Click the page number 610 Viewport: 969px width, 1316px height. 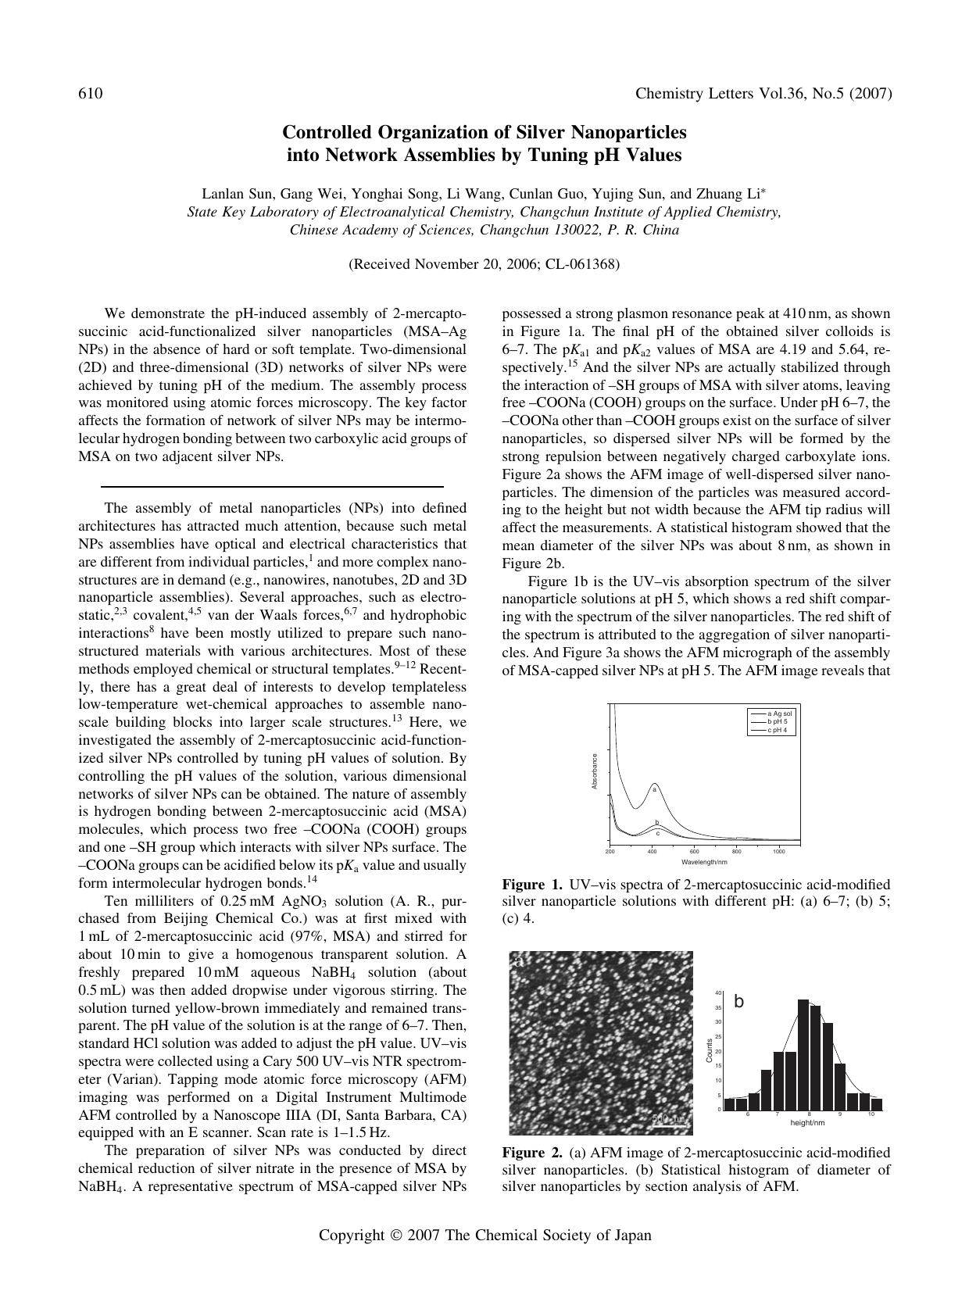coord(91,95)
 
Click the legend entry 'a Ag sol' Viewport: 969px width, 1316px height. coord(780,713)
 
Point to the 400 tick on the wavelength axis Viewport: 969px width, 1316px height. coord(652,852)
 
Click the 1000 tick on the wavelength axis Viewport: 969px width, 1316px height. coord(778,852)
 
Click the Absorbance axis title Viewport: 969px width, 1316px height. coord(595,771)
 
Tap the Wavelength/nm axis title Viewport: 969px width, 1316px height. coord(704,862)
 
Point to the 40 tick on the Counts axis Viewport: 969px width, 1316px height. coord(718,993)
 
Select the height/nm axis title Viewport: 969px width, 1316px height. coord(807,1123)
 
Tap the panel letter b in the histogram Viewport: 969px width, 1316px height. coord(739,1002)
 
